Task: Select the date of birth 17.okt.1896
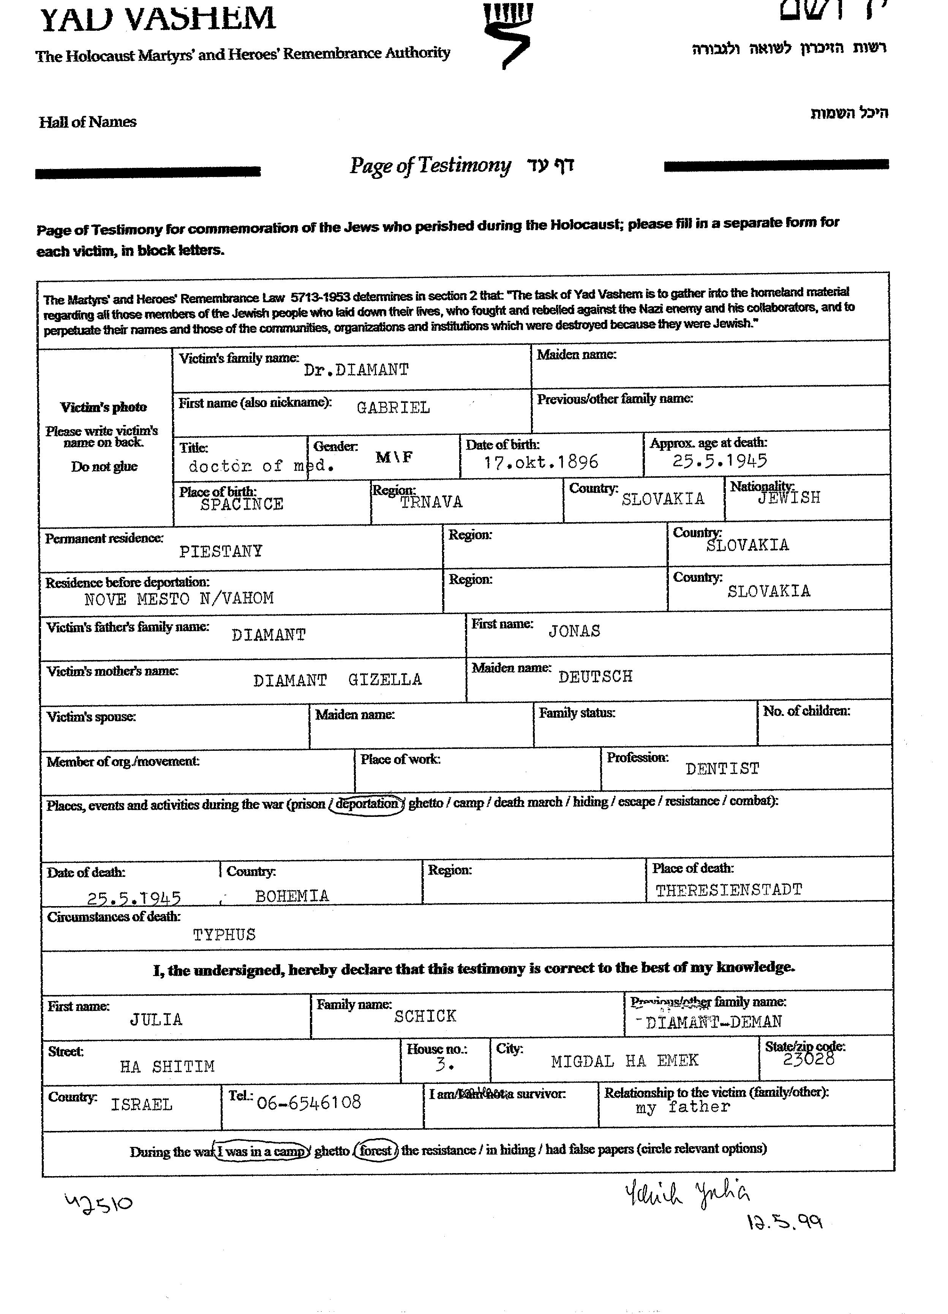point(540,462)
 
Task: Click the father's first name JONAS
point(574,631)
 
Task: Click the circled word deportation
point(367,804)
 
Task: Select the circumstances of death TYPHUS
point(224,935)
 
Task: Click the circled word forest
point(376,1150)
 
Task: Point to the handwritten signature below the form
point(687,1195)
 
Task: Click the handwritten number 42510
point(98,1203)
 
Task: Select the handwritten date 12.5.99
point(785,1222)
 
